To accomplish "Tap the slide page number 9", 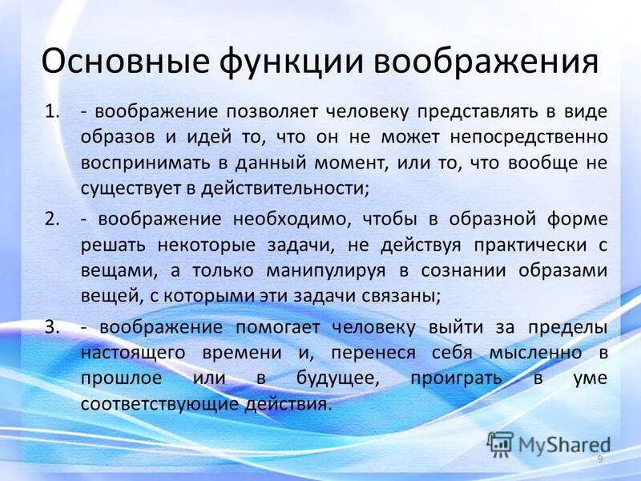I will (600, 458).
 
